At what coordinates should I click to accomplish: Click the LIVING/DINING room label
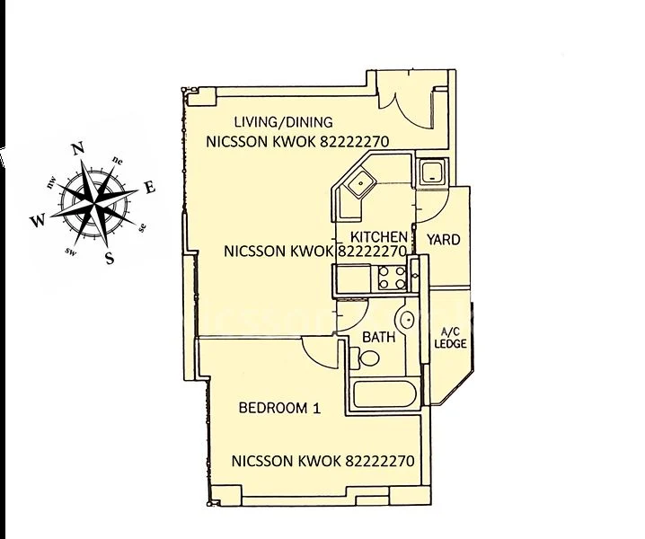[x=283, y=122]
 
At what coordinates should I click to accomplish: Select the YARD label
[x=443, y=240]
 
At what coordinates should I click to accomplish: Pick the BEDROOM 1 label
[x=279, y=408]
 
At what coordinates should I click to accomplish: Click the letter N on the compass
[x=78, y=149]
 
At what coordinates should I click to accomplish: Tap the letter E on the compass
[x=150, y=188]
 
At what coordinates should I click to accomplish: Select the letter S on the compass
[x=110, y=260]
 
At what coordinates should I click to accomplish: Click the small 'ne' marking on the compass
[x=118, y=161]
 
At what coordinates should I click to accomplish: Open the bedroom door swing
[x=316, y=350]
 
